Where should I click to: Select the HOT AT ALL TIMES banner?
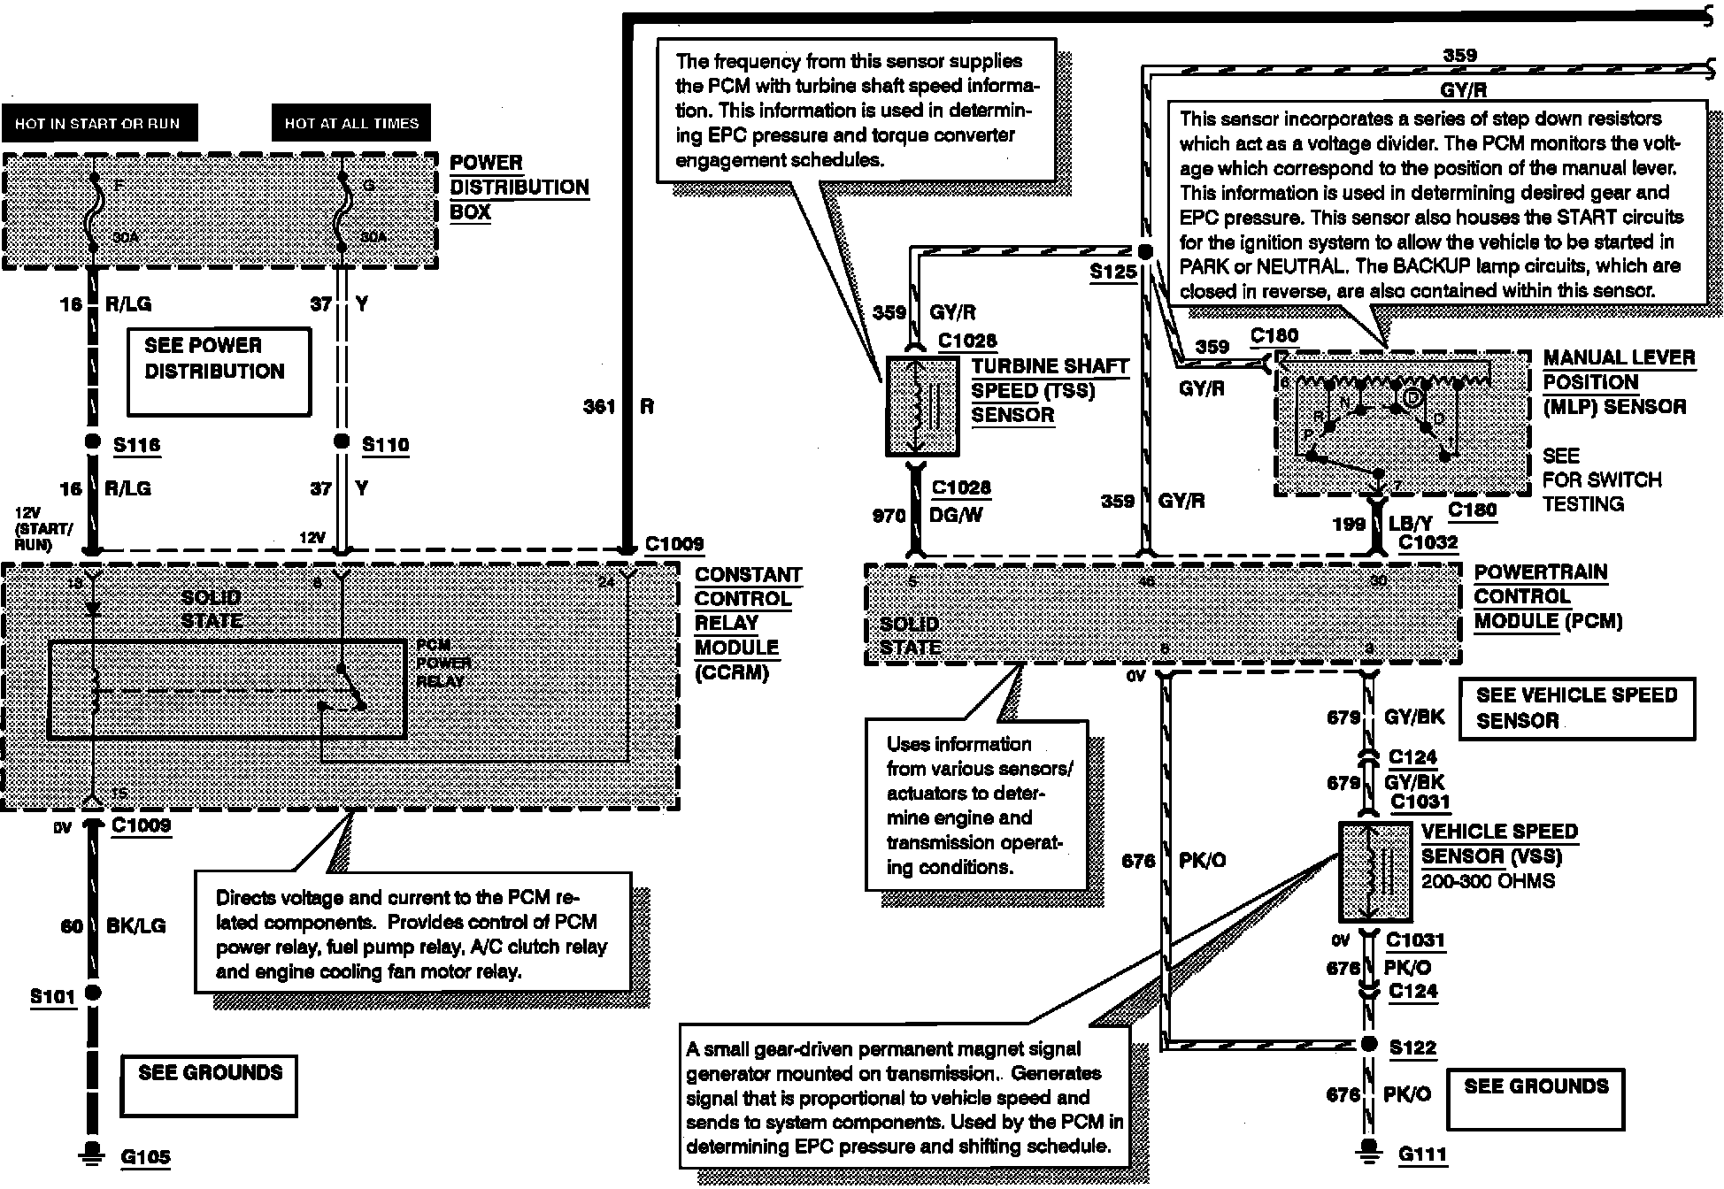(351, 123)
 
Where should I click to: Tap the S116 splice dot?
(92, 441)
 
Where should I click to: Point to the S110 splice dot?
(341, 441)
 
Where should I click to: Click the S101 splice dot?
(92, 993)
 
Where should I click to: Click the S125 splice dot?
(1144, 252)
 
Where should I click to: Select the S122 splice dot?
(1369, 1044)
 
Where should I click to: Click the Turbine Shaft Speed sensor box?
(922, 406)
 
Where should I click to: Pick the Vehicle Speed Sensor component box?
(1374, 871)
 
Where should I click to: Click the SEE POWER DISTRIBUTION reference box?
(219, 371)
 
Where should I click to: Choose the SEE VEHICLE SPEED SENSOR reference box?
(1576, 708)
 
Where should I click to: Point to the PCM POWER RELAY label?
(443, 664)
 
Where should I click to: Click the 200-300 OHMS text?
(1488, 882)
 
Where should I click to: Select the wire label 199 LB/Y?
(1382, 524)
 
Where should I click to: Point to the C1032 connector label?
(1428, 542)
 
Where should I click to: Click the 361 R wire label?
(619, 407)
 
